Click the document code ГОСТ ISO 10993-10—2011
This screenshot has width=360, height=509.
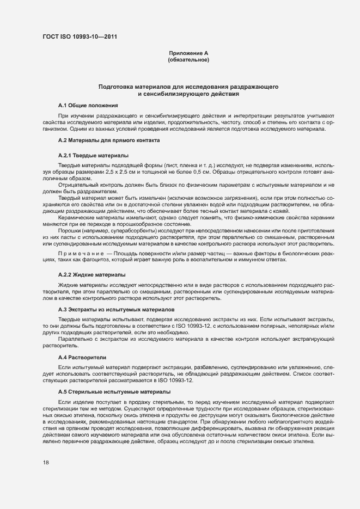tap(80, 37)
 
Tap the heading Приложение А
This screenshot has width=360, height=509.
tap(188, 53)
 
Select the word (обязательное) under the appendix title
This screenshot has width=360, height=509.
tap(188, 59)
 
